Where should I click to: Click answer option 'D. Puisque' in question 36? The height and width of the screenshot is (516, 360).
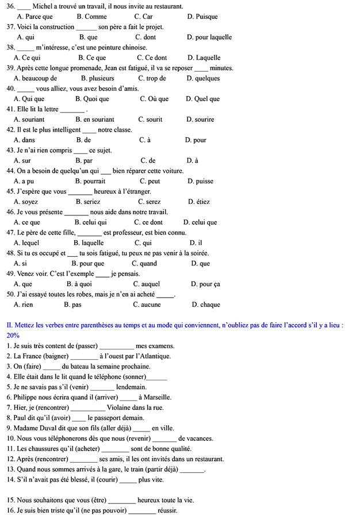[202, 17]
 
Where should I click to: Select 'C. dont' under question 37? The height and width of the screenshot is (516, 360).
[145, 37]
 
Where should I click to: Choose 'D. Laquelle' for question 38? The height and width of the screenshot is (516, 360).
[204, 58]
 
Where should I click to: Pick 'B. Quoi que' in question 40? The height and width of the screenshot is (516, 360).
[92, 99]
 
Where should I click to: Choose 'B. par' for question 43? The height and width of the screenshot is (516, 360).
[84, 161]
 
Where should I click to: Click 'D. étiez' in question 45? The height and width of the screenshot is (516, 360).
[199, 202]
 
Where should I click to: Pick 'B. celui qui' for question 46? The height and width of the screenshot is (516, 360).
[91, 222]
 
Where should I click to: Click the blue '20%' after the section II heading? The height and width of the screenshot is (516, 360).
[13, 335]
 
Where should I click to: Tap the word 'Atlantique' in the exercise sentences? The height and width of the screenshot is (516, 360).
[155, 356]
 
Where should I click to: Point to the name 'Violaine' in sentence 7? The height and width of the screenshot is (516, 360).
[119, 408]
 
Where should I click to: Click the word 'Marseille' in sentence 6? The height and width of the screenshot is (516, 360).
[155, 398]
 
